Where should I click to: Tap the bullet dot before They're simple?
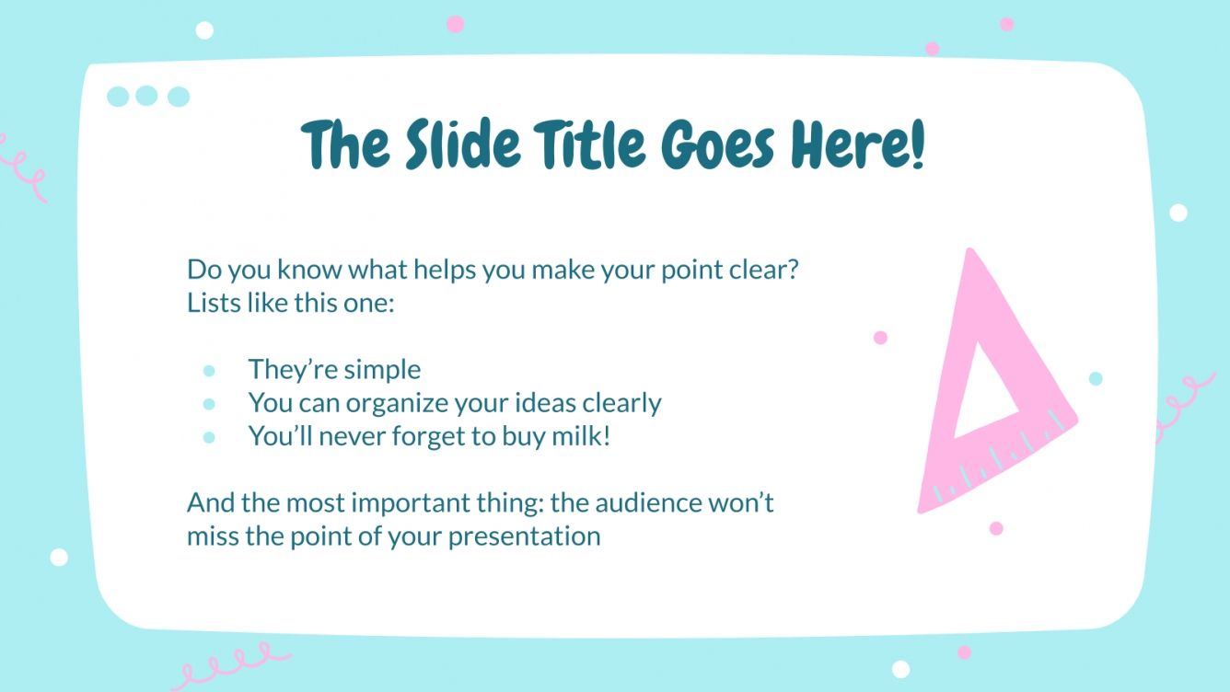[209, 371]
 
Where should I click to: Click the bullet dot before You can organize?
[209, 404]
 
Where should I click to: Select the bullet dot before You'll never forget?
[209, 437]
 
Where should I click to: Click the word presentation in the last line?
[525, 536]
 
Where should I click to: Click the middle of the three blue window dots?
[146, 96]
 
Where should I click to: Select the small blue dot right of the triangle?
[1096, 378]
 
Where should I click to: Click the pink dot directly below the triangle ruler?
[996, 528]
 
